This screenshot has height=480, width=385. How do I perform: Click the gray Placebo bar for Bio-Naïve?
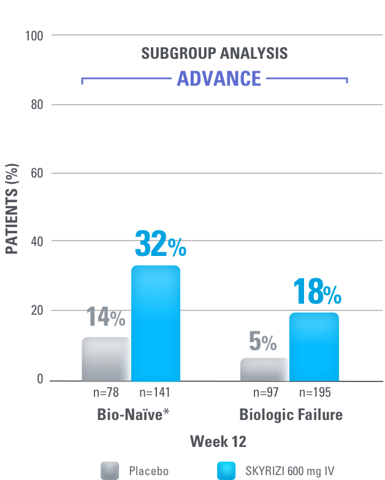tap(106, 359)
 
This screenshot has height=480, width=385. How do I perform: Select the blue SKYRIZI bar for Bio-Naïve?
tap(156, 323)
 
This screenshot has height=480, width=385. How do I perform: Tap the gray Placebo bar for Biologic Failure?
tap(264, 369)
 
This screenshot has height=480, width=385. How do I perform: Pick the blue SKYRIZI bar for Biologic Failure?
tap(314, 347)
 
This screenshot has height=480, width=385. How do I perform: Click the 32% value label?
tap(159, 244)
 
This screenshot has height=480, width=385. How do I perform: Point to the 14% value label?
tap(105, 317)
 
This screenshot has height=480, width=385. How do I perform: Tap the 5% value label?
tap(262, 342)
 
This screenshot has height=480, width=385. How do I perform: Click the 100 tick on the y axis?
tap(35, 36)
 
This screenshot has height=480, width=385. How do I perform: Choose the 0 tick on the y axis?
tap(40, 379)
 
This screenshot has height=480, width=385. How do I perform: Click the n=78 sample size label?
tap(105, 392)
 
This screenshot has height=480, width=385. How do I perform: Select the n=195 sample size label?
tap(314, 392)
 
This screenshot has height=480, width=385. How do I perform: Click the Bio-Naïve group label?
tap(133, 414)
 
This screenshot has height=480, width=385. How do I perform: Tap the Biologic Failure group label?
tap(291, 414)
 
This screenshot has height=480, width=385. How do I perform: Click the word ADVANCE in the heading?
tap(219, 79)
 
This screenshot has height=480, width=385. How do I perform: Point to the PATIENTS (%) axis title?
tap(12, 209)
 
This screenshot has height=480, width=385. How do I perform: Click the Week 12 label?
tap(218, 441)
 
